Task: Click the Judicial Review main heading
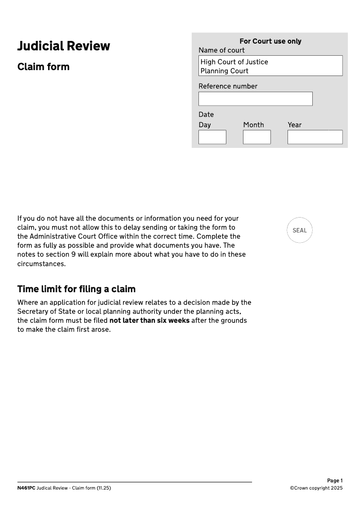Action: tap(63, 46)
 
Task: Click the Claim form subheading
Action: tap(43, 67)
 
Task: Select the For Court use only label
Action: tap(270, 41)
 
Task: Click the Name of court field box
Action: tap(270, 66)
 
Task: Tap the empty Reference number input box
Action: tap(255, 99)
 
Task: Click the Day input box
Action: tap(212, 137)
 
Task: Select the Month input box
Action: tap(256, 137)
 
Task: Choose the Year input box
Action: tap(315, 137)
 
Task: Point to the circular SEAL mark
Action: tap(299, 231)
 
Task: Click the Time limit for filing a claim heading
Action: tap(76, 289)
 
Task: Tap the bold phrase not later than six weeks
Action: tap(149, 321)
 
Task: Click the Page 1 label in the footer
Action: tap(335, 481)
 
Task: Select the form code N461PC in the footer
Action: tap(26, 488)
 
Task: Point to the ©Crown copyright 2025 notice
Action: tap(316, 488)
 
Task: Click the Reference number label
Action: tap(228, 86)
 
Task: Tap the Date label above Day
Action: tap(206, 115)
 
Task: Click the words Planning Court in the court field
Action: tap(224, 71)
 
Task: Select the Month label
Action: tap(253, 125)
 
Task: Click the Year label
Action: tap(294, 125)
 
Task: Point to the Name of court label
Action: tap(221, 50)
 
